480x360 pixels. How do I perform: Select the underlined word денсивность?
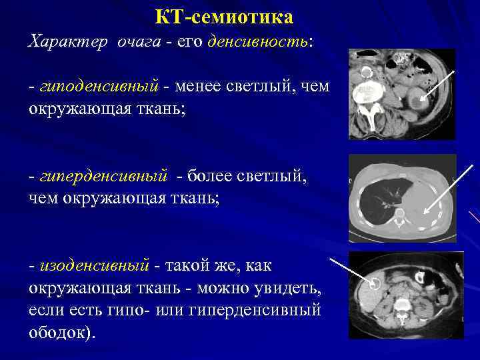point(257,42)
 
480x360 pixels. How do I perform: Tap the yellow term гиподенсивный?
point(99,87)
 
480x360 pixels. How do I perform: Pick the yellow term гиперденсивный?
point(103,176)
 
